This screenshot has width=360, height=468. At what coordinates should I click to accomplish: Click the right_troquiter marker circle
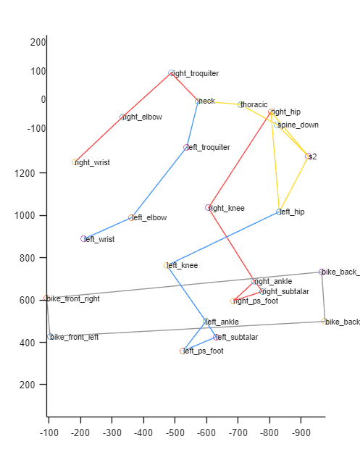171,73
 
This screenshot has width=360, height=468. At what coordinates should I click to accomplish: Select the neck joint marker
198,101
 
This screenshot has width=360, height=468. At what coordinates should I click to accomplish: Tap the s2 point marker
308,156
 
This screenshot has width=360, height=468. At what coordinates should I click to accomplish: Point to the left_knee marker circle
167,265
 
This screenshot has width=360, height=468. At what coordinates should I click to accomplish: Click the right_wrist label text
93,162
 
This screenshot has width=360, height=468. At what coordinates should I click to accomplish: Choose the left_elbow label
149,217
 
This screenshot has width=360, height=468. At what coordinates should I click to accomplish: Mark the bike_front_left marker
50,336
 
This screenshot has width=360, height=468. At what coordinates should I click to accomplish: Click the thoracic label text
254,104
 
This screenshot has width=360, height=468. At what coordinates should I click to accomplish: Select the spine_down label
298,125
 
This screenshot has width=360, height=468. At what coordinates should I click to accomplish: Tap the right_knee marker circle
208,207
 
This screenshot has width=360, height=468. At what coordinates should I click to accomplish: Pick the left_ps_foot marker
183,351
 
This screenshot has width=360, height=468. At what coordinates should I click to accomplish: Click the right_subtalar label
286,291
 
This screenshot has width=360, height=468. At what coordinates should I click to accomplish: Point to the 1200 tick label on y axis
25,173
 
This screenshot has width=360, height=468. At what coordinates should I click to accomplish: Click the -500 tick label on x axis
175,433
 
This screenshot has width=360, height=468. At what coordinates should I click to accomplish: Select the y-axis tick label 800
28,258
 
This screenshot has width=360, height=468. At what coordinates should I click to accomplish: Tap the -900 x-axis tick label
301,433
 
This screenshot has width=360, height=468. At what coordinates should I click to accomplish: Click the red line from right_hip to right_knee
240,159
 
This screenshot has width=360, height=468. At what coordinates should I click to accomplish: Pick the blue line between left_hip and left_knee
223,239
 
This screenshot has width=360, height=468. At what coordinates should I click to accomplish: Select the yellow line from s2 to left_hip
294,184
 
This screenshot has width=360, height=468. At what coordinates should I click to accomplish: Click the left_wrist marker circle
83,239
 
